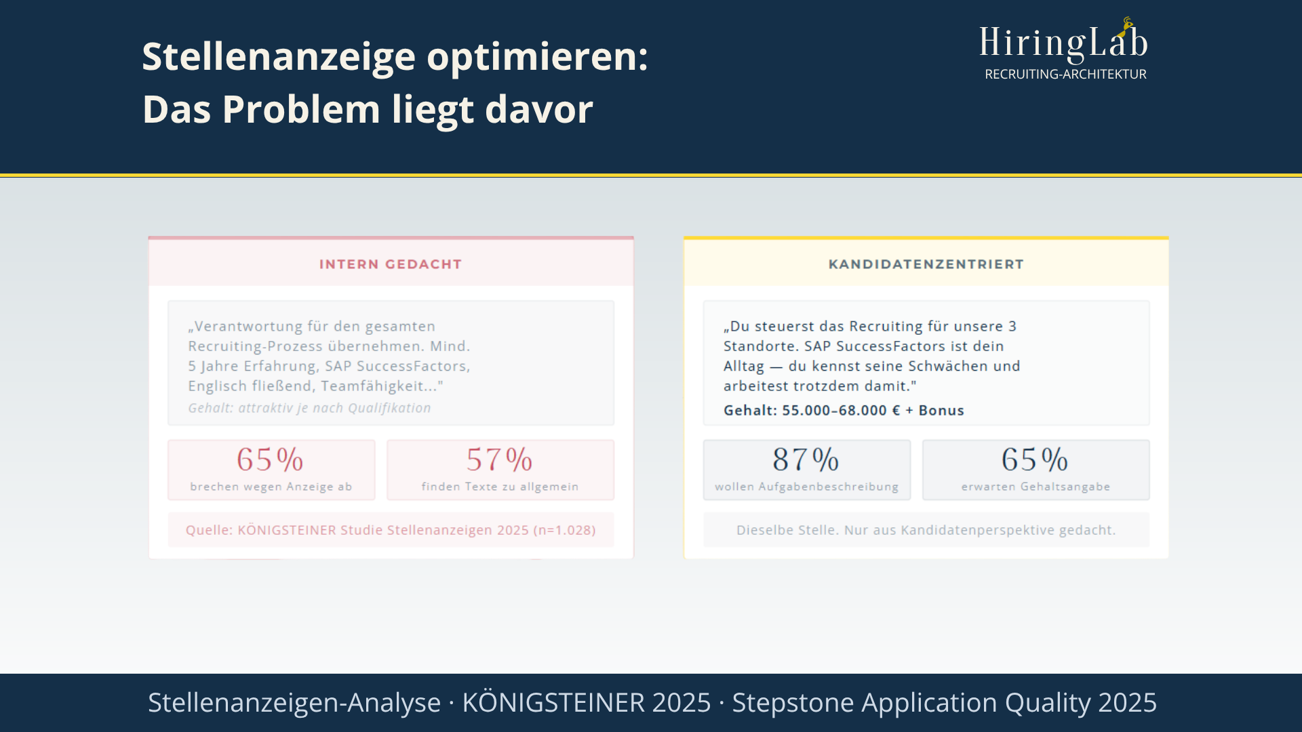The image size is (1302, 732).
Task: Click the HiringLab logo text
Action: [x=1063, y=43]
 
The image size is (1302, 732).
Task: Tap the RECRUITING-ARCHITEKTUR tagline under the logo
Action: [x=1065, y=75]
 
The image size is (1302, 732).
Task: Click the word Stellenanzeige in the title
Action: [x=278, y=57]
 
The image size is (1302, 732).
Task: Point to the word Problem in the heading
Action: [x=301, y=110]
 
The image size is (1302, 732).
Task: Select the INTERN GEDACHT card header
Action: [x=391, y=264]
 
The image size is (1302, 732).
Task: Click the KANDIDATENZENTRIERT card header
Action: [x=926, y=264]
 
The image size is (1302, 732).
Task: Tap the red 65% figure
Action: [x=270, y=460]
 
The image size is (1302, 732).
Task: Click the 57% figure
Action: [x=500, y=460]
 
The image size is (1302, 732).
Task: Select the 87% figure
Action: [x=806, y=460]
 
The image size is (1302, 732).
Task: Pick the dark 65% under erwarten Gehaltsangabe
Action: [x=1035, y=460]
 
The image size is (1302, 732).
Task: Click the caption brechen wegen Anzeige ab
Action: [x=271, y=487]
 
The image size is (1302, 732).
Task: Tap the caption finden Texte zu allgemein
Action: [x=500, y=487]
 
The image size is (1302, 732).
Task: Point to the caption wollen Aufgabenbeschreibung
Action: [x=806, y=487]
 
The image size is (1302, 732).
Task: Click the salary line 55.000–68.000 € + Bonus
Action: [x=873, y=411]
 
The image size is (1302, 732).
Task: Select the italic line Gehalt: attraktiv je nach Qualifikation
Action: [x=309, y=408]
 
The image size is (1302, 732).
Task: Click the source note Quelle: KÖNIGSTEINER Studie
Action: [x=391, y=530]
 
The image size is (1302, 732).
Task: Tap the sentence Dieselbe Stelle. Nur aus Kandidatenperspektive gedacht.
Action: [x=926, y=530]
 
